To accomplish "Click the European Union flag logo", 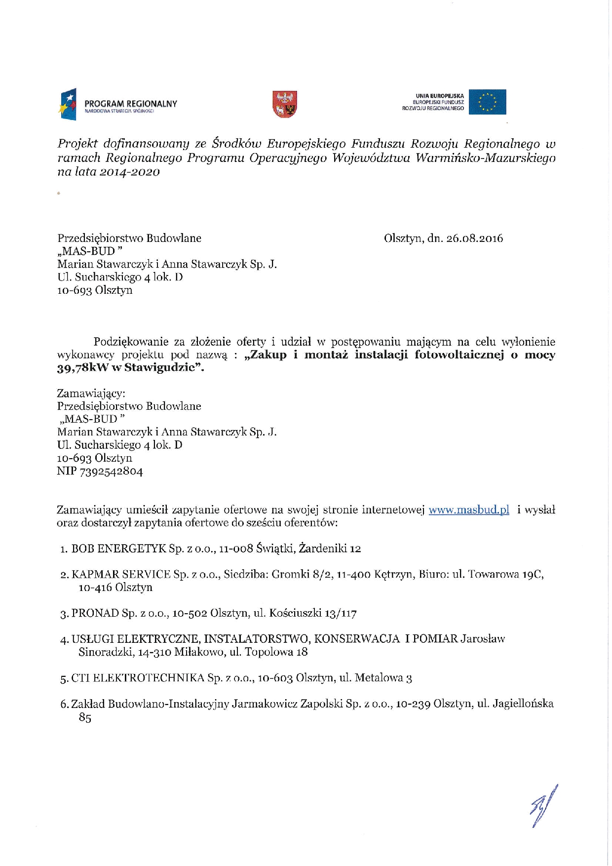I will click(x=487, y=102).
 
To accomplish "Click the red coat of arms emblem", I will click(x=285, y=104).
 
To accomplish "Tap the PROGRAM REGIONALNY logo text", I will click(x=130, y=104).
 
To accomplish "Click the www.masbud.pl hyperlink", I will click(x=468, y=510).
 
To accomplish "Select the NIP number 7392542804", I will click(x=111, y=472).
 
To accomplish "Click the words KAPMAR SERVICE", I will click(x=121, y=574).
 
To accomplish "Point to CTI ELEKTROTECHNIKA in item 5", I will click(x=138, y=678).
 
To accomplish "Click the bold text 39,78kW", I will click(x=77, y=368).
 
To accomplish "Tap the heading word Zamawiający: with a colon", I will click(x=91, y=394).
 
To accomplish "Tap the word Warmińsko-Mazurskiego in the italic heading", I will click(x=486, y=158).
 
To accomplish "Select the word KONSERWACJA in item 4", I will click(x=357, y=639).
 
